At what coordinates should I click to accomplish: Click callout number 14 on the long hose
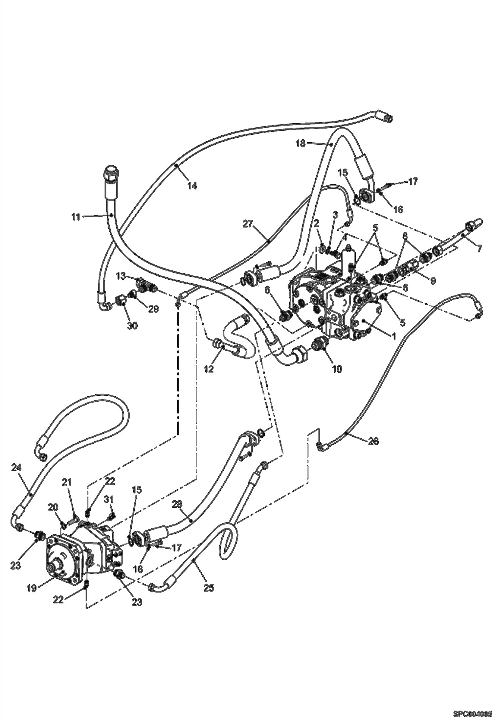click(192, 186)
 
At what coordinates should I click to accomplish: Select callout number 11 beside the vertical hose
click(76, 217)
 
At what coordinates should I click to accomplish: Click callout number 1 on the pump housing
click(393, 336)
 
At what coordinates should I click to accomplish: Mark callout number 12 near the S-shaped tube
click(209, 369)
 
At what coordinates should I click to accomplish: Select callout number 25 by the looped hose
click(209, 587)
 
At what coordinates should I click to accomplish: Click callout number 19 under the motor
click(32, 588)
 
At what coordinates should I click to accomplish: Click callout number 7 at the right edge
click(479, 249)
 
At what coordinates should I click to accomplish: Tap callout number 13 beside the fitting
click(121, 276)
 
